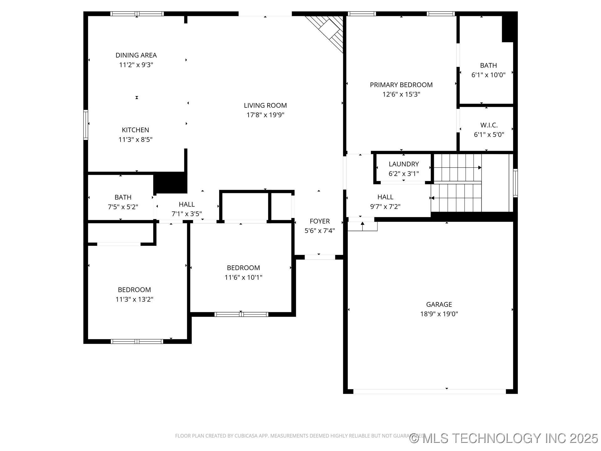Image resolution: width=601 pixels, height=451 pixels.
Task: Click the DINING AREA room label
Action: tap(136, 55)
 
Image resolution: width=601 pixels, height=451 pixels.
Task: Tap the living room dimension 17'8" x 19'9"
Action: tap(265, 115)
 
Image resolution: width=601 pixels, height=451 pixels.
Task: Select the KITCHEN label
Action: tap(135, 130)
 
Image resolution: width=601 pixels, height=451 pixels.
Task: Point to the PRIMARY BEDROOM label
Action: tap(401, 85)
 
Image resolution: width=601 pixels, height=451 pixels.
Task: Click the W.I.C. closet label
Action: tap(489, 125)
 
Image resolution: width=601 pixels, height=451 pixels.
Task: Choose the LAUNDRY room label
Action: tap(403, 164)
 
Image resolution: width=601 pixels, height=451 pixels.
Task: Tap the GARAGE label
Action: tap(439, 304)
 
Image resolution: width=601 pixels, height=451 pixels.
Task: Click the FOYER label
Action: tap(320, 221)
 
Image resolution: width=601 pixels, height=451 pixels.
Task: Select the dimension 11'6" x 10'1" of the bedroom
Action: tap(243, 277)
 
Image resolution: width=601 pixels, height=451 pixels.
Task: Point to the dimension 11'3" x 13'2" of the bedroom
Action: tap(134, 299)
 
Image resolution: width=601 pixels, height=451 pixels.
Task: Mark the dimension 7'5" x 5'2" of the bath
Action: tap(123, 207)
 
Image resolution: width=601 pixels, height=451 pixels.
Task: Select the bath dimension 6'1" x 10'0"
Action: tap(488, 75)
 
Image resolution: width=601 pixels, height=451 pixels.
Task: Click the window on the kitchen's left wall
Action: tap(85, 124)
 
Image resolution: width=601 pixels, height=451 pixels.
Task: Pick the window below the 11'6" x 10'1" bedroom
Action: tap(241, 314)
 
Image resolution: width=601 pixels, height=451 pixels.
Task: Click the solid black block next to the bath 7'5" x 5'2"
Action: tap(170, 183)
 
